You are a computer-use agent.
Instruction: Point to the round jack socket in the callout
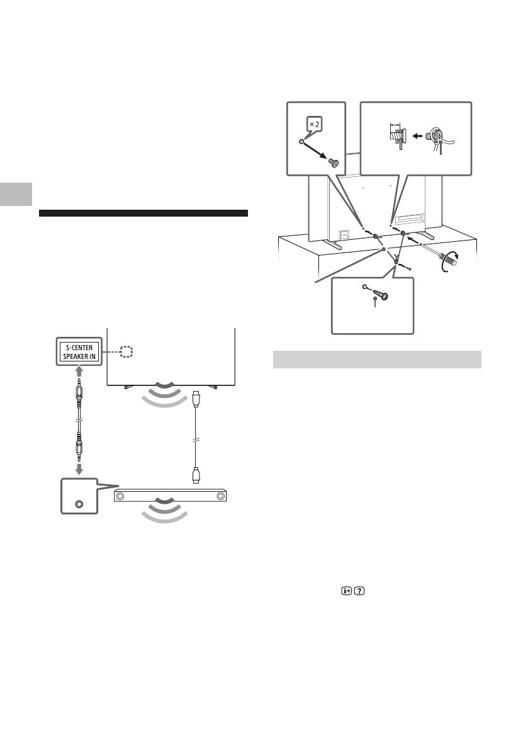click(78, 504)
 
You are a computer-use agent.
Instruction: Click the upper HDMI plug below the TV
click(196, 399)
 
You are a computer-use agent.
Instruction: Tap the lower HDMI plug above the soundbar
click(196, 474)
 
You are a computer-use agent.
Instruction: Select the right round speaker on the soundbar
click(220, 497)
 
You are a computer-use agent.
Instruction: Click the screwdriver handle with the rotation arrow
click(449, 258)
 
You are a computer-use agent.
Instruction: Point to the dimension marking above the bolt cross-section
click(395, 124)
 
